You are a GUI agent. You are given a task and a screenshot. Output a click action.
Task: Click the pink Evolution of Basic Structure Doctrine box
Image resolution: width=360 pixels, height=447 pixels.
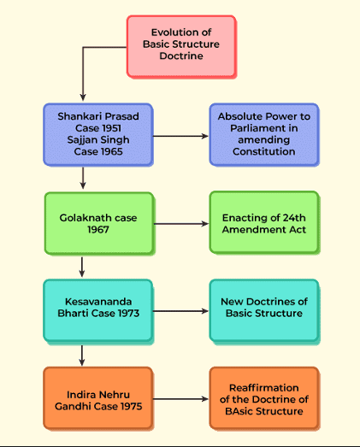181,46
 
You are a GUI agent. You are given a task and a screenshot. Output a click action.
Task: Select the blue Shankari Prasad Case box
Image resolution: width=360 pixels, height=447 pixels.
98,134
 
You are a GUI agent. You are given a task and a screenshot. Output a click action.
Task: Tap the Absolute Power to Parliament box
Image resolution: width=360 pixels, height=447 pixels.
264,134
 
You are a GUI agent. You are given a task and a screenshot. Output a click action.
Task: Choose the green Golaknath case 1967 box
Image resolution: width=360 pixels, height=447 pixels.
99,223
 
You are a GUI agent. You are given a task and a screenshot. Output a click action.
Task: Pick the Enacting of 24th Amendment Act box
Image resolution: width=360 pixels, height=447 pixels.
264,222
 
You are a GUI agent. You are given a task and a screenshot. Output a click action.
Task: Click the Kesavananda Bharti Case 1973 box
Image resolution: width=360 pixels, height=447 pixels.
98,310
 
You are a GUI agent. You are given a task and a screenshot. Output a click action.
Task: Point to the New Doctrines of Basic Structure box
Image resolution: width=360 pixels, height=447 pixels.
264,310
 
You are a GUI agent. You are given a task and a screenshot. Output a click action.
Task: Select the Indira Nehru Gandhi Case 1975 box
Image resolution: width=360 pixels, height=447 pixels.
98,398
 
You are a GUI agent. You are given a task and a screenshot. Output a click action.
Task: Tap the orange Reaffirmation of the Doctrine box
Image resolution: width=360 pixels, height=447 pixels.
264,398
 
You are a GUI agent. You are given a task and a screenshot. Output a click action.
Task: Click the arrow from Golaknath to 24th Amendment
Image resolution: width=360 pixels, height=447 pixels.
181,224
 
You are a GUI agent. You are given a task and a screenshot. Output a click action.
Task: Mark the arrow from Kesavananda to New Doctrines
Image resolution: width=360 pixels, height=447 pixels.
181,311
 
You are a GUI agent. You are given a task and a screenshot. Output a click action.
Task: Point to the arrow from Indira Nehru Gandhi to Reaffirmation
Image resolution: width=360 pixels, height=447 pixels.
181,399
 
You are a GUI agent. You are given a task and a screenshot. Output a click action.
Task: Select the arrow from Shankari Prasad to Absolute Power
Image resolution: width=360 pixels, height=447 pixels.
181,136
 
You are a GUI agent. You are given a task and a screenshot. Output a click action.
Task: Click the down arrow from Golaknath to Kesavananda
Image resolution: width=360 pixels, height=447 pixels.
82,268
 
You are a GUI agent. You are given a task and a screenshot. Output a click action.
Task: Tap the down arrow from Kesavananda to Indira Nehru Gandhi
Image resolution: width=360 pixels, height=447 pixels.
82,356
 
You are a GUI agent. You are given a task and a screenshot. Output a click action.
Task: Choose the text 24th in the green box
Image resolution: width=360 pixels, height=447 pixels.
294,218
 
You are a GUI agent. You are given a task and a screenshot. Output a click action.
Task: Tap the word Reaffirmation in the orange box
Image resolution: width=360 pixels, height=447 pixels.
264,388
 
